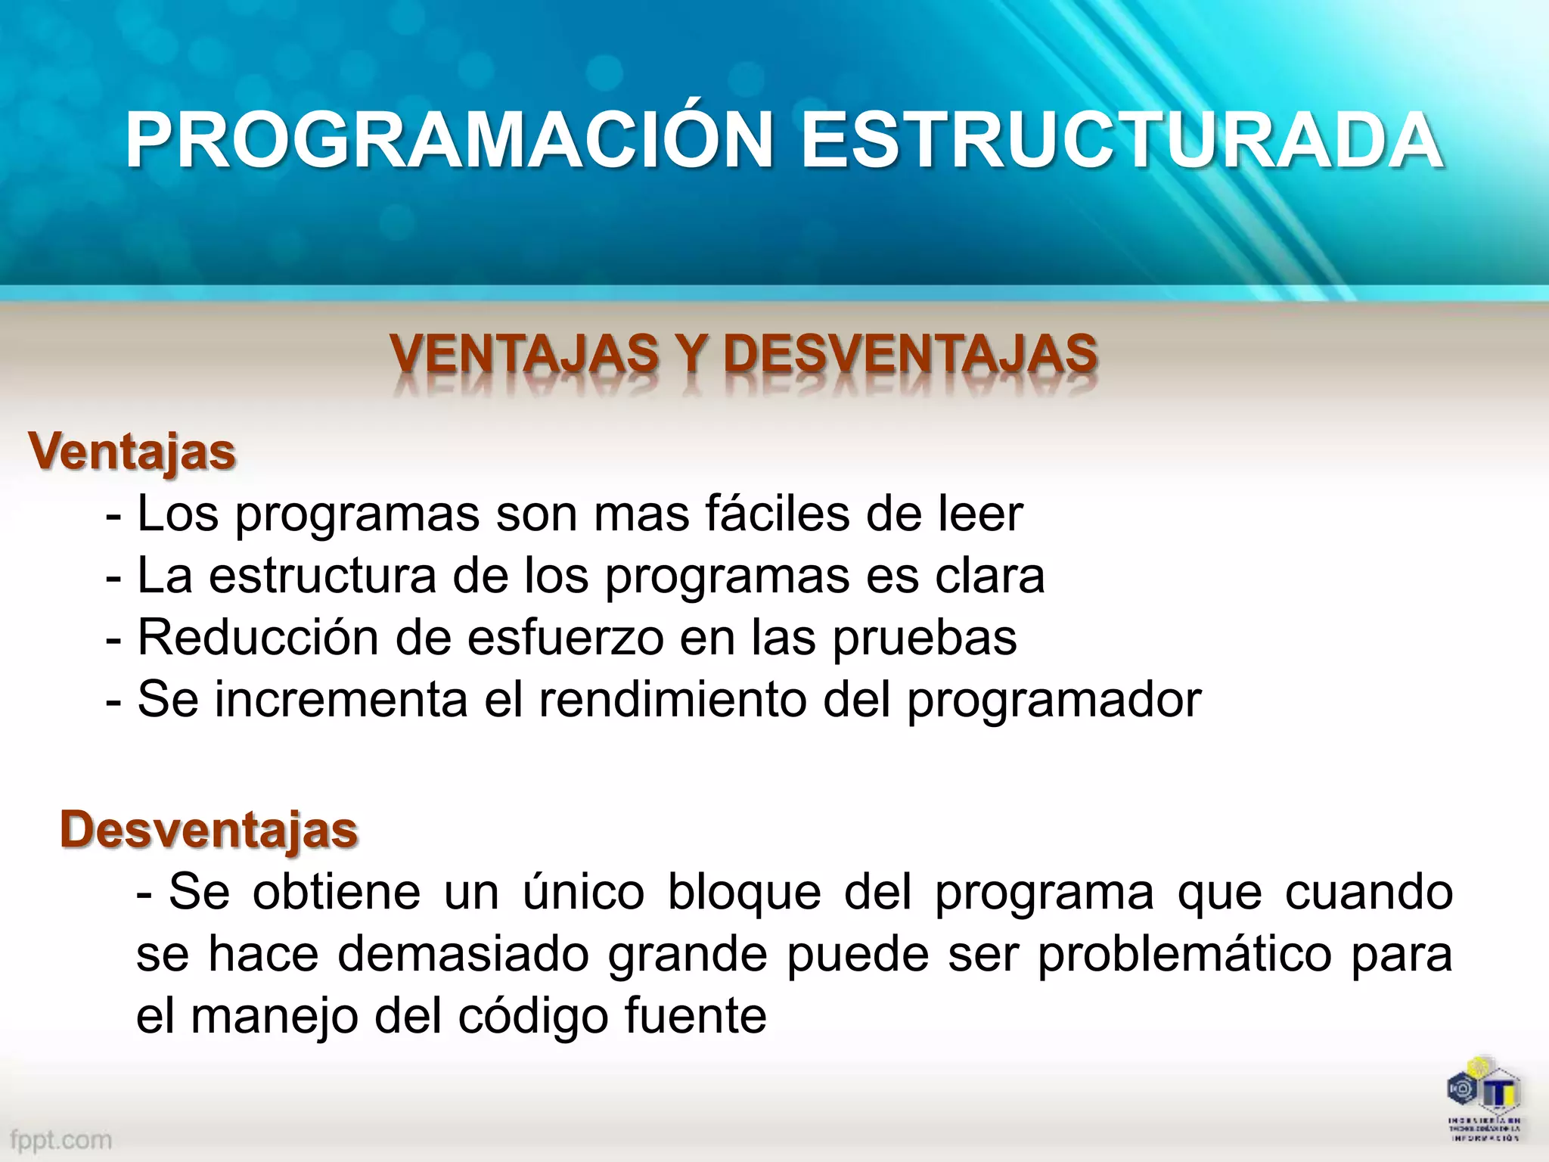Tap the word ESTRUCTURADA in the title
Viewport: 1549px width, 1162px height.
tap(1121, 141)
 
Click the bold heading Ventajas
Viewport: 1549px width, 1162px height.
tap(132, 452)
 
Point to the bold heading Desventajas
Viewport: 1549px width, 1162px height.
tap(209, 830)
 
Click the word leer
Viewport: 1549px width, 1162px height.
tap(980, 514)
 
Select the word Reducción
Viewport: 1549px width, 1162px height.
tap(258, 638)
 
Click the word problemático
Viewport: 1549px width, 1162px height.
tap(1184, 955)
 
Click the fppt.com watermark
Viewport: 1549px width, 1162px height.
tap(61, 1139)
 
